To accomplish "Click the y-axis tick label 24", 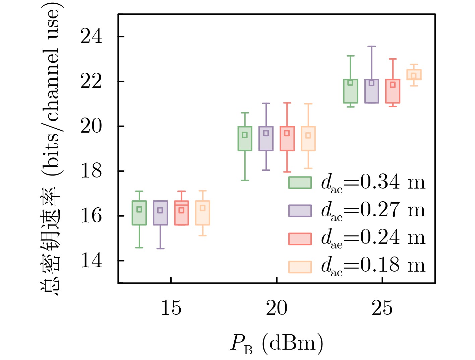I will click(x=91, y=36).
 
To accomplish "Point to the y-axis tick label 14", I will click(x=91, y=261).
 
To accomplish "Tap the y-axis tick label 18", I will click(x=91, y=171).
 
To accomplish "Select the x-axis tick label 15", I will click(x=171, y=308).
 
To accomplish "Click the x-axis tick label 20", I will click(x=277, y=308).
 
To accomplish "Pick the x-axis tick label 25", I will click(x=382, y=308).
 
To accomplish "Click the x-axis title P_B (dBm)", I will click(x=277, y=343).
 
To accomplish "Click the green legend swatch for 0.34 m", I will click(x=300, y=183).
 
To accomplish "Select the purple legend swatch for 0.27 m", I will click(x=300, y=210).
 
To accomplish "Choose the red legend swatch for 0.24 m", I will click(x=300, y=238).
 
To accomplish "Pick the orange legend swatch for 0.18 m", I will click(x=300, y=267).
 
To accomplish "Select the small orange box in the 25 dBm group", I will click(x=414, y=74).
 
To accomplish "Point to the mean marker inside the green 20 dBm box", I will click(x=245, y=135).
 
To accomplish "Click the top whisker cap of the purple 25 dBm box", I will click(x=371, y=47).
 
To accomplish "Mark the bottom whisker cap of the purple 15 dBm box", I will click(x=160, y=248).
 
